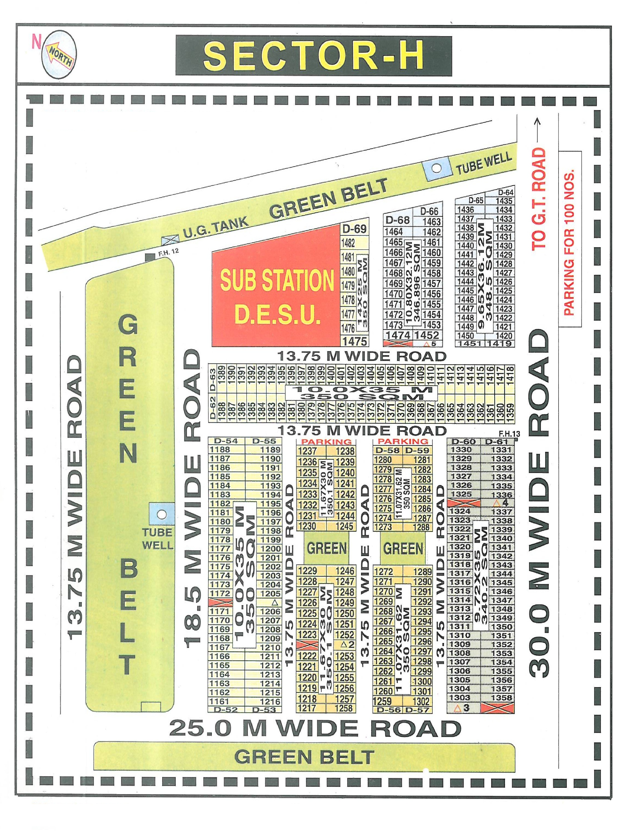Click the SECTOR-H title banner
coord(313,56)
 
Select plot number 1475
coord(354,341)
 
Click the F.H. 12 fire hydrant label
coord(168,252)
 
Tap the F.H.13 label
coord(509,434)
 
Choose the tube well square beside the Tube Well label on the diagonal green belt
coord(436,168)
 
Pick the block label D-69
coord(354,229)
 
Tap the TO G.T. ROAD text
coord(539,198)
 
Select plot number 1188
coord(220,450)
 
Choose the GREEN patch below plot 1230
coord(327,549)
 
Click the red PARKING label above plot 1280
coord(403,441)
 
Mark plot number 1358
coord(501,698)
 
